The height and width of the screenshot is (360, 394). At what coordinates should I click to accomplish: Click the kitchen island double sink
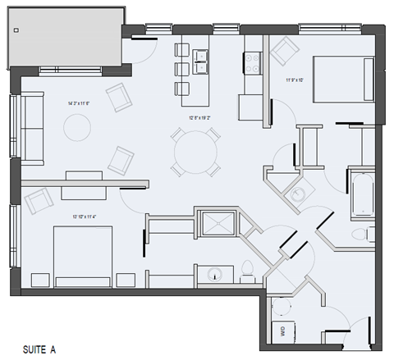[200, 57]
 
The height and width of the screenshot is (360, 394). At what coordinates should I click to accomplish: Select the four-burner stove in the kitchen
[251, 61]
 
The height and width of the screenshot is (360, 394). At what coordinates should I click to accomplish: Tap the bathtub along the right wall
[361, 194]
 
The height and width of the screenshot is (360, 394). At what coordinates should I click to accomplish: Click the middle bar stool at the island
[182, 68]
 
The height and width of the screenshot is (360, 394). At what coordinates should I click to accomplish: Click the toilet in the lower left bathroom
[247, 268]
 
